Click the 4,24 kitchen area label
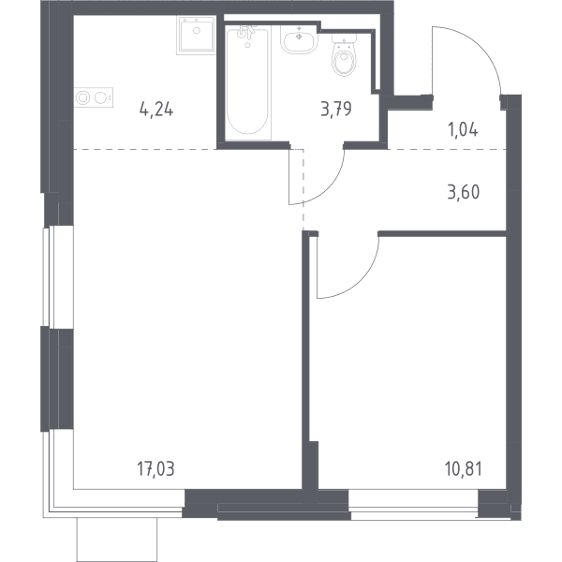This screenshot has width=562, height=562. [x=156, y=110]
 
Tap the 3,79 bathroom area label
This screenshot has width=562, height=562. [x=336, y=109]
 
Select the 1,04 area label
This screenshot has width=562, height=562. [x=463, y=129]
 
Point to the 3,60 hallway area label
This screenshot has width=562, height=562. [x=464, y=192]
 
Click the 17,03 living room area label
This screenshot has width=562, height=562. [x=155, y=469]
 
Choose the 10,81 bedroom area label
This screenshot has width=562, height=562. [x=464, y=469]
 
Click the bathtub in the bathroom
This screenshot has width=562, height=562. [x=247, y=81]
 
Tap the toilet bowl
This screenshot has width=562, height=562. [x=344, y=60]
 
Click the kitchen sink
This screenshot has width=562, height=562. [x=196, y=36]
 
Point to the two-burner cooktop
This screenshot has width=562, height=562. [x=94, y=97]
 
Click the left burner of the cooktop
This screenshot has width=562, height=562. [x=83, y=97]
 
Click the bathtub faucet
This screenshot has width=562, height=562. [x=246, y=32]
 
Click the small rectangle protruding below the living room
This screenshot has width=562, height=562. [x=117, y=540]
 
